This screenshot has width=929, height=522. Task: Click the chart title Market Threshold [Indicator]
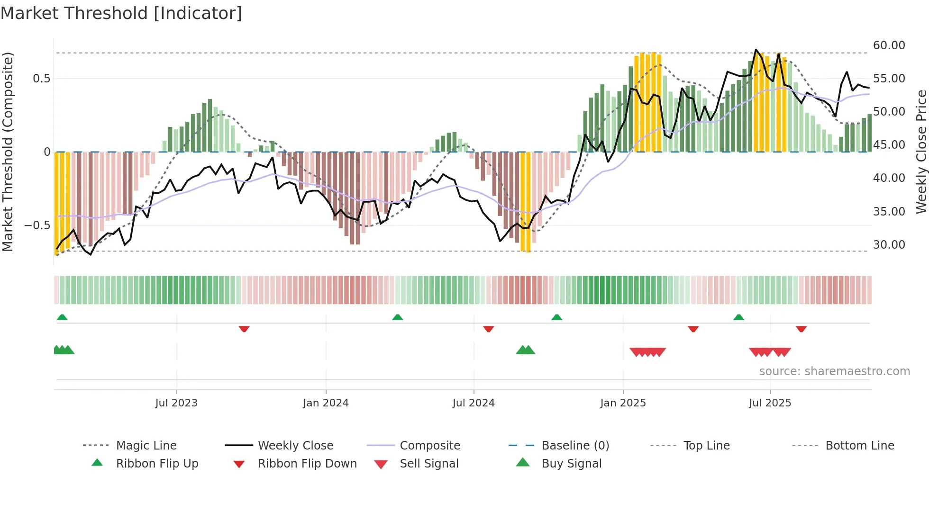121,13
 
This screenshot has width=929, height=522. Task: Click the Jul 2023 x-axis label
176,403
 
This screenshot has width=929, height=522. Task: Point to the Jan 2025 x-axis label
623,403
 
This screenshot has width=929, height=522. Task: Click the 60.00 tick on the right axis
889,45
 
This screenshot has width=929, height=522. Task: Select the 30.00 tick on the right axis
889,245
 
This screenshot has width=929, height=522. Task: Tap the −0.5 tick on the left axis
37,225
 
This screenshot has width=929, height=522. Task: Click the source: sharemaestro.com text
834,371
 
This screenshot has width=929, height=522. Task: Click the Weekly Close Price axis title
921,152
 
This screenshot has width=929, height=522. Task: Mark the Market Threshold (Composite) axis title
8,152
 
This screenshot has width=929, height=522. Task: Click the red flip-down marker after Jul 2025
801,329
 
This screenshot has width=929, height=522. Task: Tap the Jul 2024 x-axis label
474,403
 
